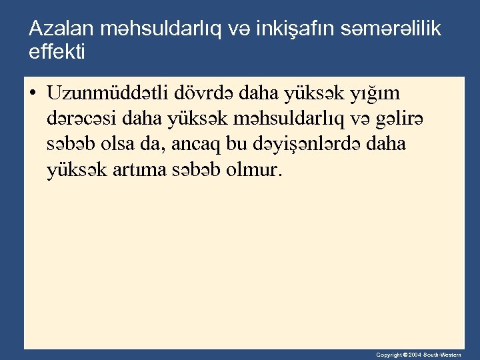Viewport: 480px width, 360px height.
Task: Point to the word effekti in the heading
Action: (57, 51)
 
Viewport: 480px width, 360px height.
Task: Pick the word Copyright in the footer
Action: (389, 355)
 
